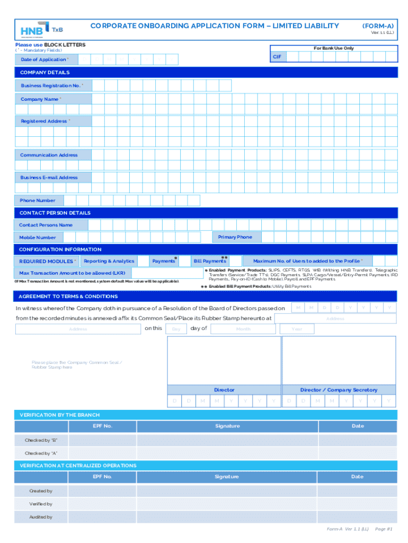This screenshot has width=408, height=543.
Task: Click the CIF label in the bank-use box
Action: click(x=277, y=56)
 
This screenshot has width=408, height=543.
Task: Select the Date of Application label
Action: click(x=45, y=59)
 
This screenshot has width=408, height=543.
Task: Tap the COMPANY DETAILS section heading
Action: click(x=45, y=73)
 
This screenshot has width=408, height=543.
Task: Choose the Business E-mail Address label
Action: click(x=49, y=178)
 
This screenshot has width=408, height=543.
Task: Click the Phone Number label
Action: click(x=38, y=200)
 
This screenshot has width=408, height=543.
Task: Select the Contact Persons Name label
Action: click(x=46, y=225)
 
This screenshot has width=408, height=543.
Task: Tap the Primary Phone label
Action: click(x=235, y=237)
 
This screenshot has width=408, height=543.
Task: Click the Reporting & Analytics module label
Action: click(x=109, y=261)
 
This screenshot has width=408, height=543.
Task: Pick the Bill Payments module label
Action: click(x=210, y=261)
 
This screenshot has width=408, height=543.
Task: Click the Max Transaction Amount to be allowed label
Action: click(x=72, y=273)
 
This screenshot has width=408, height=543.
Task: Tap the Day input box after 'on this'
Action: click(x=176, y=329)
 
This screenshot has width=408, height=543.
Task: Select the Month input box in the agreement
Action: click(x=243, y=329)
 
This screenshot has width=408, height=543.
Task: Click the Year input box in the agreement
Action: click(x=297, y=329)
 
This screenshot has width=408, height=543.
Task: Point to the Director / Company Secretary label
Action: click(x=339, y=390)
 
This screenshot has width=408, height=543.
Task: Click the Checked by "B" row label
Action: click(x=41, y=441)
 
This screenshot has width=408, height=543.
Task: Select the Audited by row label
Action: click(x=41, y=517)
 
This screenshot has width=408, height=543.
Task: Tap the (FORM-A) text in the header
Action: click(x=378, y=25)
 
